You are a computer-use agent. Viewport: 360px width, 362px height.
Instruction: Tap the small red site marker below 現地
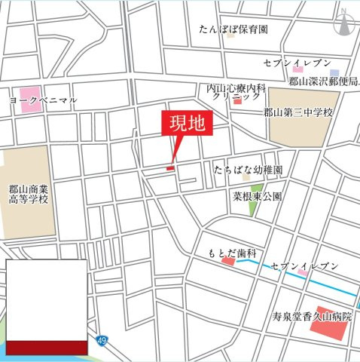170,167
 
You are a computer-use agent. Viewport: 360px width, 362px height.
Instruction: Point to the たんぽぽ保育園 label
233,30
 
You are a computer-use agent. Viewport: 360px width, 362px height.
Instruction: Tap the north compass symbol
343,23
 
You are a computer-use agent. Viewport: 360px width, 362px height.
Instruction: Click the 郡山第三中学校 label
297,112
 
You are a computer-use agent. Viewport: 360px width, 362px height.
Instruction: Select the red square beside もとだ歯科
227,262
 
